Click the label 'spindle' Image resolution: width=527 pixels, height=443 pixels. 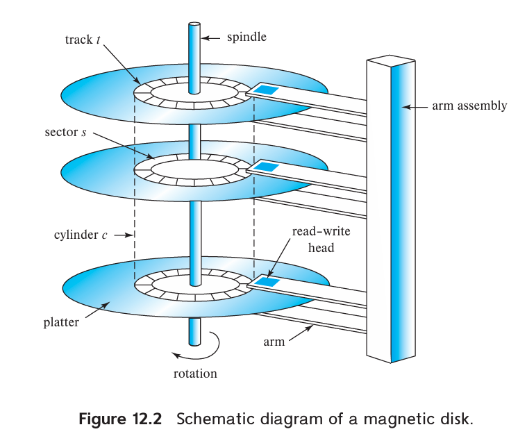point(246,37)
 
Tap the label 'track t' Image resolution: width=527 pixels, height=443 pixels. point(78,40)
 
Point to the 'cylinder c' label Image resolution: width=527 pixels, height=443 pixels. point(81,235)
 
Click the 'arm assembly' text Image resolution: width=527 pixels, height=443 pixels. point(469,106)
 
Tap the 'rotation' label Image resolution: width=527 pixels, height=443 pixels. point(195,374)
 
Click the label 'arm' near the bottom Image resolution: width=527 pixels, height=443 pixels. point(274,342)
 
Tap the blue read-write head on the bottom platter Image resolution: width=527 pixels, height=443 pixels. point(267,281)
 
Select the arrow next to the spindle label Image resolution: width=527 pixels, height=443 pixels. point(214,37)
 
